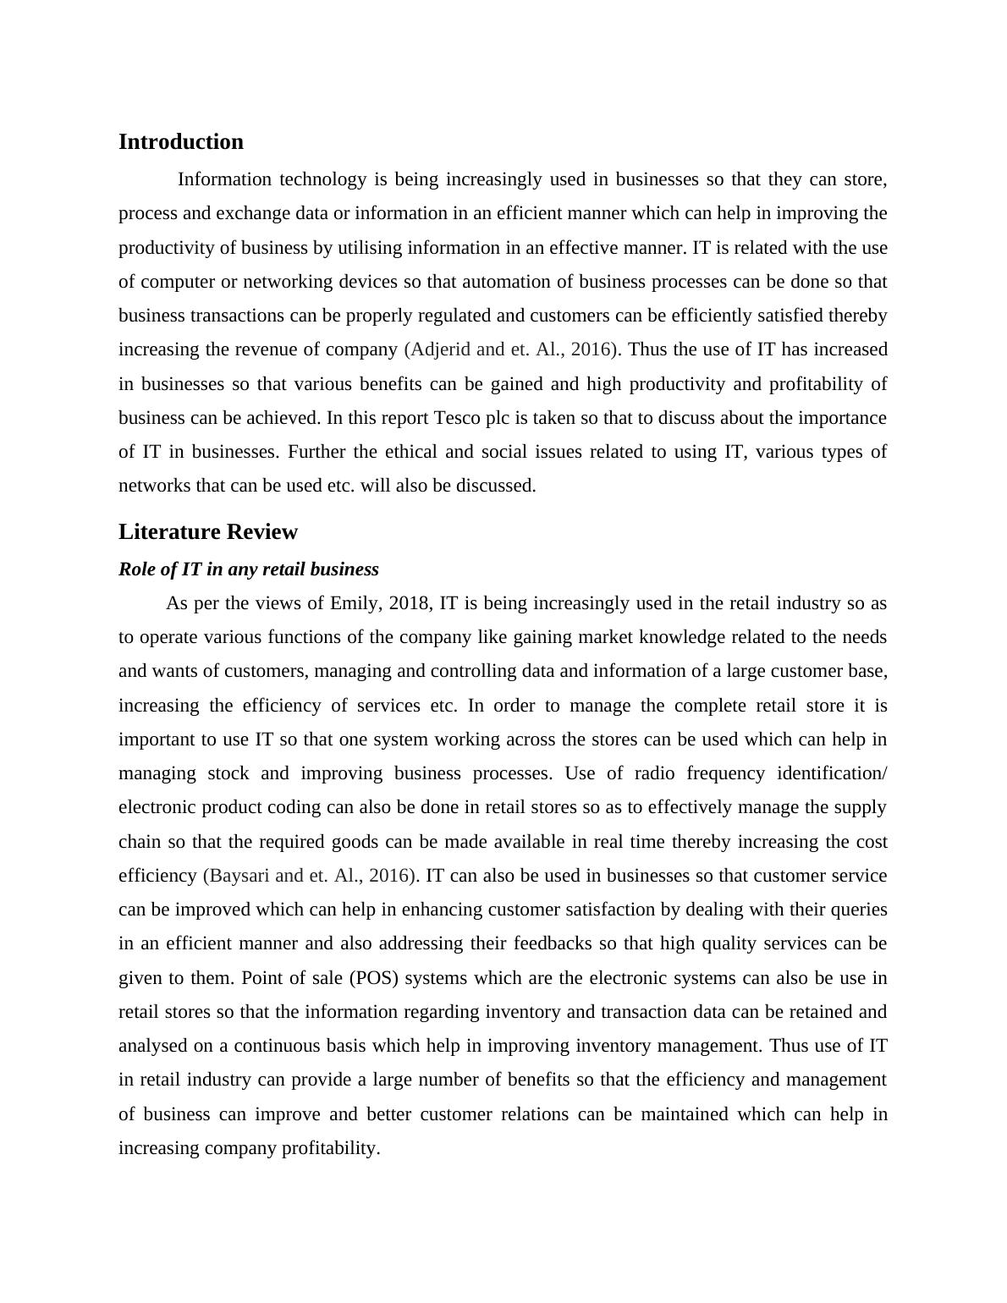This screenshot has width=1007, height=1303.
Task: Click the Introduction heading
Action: click(180, 142)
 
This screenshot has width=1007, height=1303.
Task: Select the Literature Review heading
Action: click(207, 532)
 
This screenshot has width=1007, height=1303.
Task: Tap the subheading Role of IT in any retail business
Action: click(248, 569)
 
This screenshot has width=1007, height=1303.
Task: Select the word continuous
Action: click(300, 1046)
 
